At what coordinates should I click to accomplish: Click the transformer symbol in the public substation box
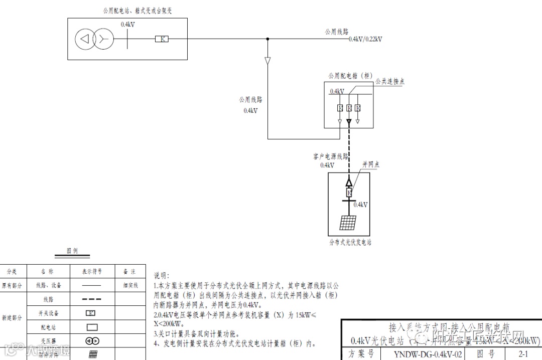click(94, 39)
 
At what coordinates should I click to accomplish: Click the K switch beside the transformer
click(161, 39)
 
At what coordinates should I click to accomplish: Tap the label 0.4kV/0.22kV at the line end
click(365, 39)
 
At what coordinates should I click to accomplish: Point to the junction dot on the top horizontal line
click(267, 39)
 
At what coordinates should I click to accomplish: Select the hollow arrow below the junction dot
click(267, 61)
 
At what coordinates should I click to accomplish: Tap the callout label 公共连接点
click(390, 82)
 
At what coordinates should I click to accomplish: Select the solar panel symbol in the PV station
click(349, 222)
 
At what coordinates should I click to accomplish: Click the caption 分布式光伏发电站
click(350, 242)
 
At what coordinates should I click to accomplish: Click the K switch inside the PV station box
click(349, 193)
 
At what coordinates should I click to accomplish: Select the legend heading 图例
click(72, 251)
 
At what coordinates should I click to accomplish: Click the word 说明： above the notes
click(162, 275)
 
